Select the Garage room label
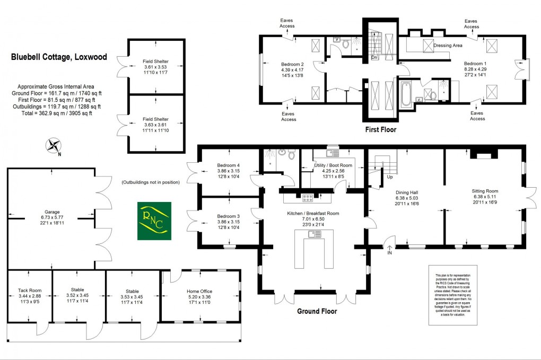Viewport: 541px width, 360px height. coord(53,212)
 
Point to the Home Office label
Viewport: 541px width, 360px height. coord(200,291)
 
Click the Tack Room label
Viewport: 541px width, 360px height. coord(29,291)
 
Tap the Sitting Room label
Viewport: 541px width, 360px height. coord(485,191)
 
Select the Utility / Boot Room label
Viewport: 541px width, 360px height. coord(333,165)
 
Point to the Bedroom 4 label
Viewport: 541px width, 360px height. coord(229,165)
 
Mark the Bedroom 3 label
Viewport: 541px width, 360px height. coord(229,216)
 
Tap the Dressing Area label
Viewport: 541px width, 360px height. coord(448,46)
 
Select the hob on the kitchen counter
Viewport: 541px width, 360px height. coord(308,198)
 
